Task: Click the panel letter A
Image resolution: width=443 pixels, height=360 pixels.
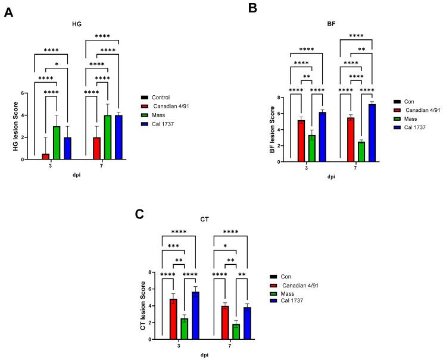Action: click(x=8, y=12)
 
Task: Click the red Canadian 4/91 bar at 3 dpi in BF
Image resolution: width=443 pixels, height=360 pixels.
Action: click(x=301, y=140)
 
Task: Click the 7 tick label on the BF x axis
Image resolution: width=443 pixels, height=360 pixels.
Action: click(x=355, y=168)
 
